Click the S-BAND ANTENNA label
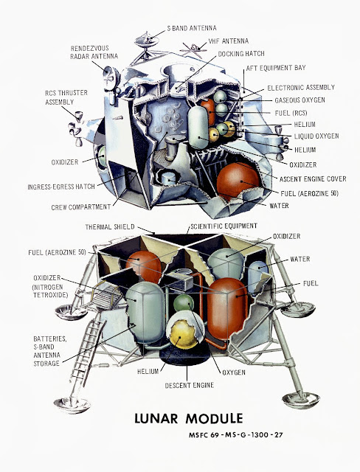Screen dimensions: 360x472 (192, 28)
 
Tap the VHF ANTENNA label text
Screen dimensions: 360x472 (229, 41)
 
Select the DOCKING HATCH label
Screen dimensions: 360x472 (241, 54)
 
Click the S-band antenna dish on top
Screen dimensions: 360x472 (147, 41)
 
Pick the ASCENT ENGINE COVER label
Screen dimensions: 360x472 (313, 179)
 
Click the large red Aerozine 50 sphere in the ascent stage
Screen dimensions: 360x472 (238, 181)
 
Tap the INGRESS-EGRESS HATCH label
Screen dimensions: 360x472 (61, 187)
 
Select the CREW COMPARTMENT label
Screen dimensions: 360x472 (81, 207)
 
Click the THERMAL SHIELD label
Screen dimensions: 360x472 (110, 227)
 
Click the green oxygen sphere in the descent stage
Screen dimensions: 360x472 (183, 305)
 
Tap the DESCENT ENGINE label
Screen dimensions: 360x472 (190, 385)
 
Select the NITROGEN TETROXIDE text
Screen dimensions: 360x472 (51, 291)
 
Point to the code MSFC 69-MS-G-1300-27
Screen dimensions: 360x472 (236, 435)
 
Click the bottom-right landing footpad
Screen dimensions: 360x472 (301, 400)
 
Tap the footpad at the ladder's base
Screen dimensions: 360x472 (72, 405)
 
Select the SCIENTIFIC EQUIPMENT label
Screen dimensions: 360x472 (224, 226)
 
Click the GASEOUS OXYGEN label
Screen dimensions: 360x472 (300, 100)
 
